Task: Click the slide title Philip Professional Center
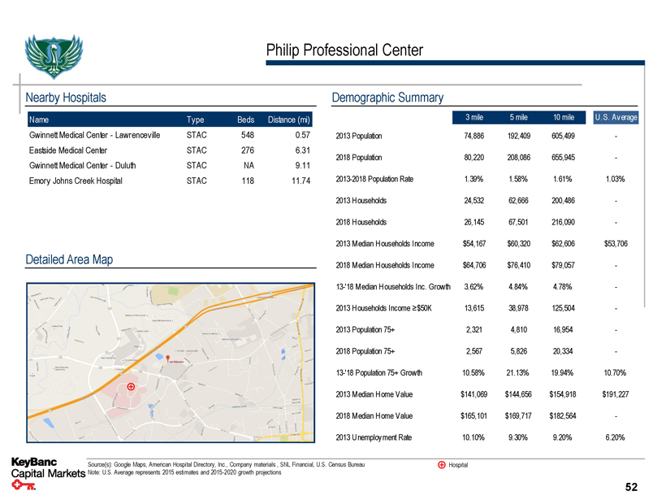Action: click(344, 50)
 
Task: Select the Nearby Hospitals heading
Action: click(67, 98)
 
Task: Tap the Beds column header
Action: click(245, 120)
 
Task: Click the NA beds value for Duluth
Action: click(249, 165)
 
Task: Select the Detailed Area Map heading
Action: click(70, 259)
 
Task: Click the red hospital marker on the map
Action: click(130, 387)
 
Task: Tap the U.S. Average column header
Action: click(616, 117)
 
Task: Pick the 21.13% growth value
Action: click(513, 373)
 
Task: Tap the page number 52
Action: click(630, 486)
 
